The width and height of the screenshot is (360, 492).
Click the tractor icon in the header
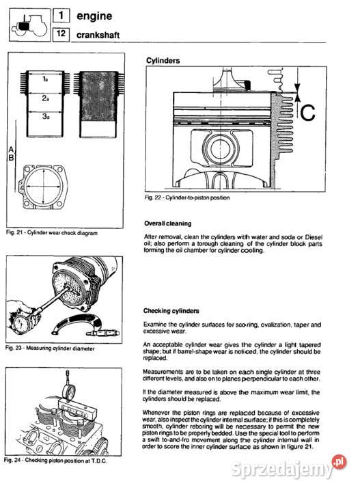coord(30,25)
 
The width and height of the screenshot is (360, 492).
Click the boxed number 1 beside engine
coord(61,15)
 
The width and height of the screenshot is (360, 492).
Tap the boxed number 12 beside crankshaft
coord(61,33)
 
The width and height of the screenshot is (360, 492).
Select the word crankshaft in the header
coord(98,35)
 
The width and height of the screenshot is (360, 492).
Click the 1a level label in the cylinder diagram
coord(45,80)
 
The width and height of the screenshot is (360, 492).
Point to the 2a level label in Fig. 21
coord(46,98)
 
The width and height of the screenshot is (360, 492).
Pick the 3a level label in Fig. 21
coord(46,116)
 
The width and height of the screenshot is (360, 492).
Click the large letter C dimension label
coord(307,113)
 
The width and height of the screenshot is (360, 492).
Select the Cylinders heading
coord(163,61)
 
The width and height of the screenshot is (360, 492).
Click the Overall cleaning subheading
coord(168,223)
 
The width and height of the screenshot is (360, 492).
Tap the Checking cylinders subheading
coord(171,311)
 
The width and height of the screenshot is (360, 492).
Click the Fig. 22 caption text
coord(187,197)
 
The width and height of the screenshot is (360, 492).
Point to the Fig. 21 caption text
coord(52,233)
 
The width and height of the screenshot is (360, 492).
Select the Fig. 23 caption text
coord(50,348)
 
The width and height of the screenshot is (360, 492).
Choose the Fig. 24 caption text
coord(55,461)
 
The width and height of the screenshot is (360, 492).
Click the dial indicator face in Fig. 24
coord(69,392)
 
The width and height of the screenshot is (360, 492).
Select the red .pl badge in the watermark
coord(339,462)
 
